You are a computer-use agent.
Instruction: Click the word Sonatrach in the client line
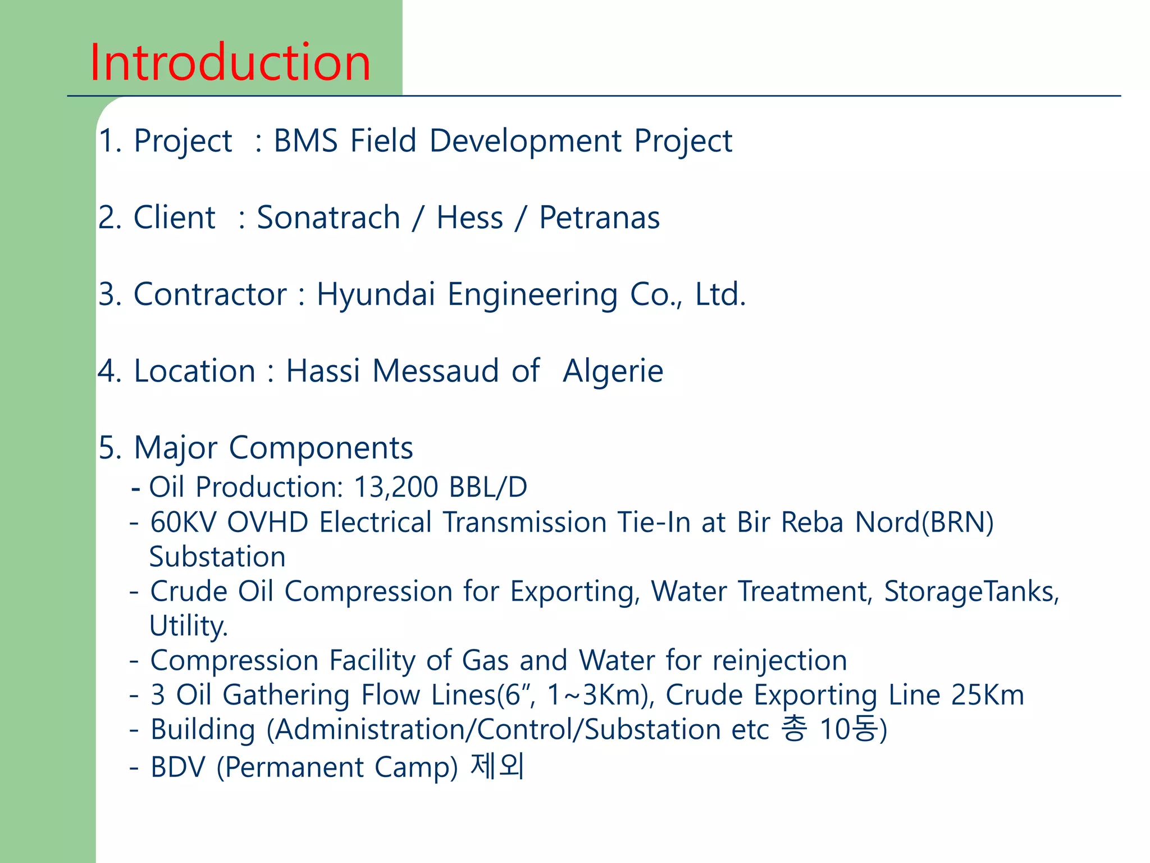328,217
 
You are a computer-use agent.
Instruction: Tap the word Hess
469,217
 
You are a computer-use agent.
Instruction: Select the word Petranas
599,217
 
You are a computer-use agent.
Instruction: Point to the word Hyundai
376,294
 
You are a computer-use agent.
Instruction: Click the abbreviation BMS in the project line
305,140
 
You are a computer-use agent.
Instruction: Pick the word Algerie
613,371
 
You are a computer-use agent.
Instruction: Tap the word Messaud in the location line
435,371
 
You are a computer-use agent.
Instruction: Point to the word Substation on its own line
217,557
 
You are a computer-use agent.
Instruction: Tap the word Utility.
188,626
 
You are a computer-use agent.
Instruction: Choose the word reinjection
780,660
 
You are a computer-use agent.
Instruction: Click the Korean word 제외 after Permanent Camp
498,766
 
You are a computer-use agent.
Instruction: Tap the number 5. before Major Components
109,448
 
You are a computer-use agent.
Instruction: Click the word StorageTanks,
971,592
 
